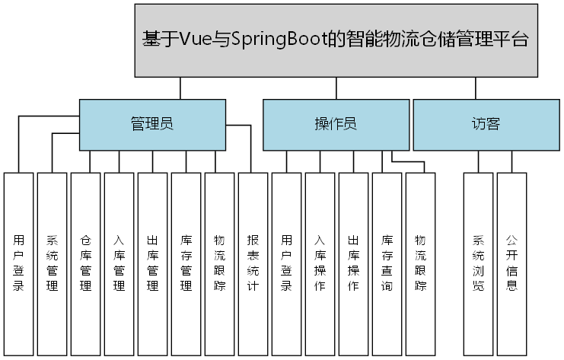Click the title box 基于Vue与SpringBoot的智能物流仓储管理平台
click(335, 40)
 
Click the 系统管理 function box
click(53, 263)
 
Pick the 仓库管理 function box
click(86, 263)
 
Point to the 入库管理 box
click(119, 263)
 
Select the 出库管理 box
click(153, 263)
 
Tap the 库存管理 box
click(186, 263)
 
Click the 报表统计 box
click(253, 263)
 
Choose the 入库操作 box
click(320, 263)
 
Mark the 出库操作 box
click(354, 263)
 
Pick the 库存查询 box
click(387, 263)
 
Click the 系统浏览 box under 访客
click(479, 263)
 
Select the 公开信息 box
click(512, 263)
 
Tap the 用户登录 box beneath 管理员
click(19, 263)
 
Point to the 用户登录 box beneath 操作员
click(287, 263)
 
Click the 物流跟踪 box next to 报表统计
click(220, 263)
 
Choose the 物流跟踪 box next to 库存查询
click(421, 263)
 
